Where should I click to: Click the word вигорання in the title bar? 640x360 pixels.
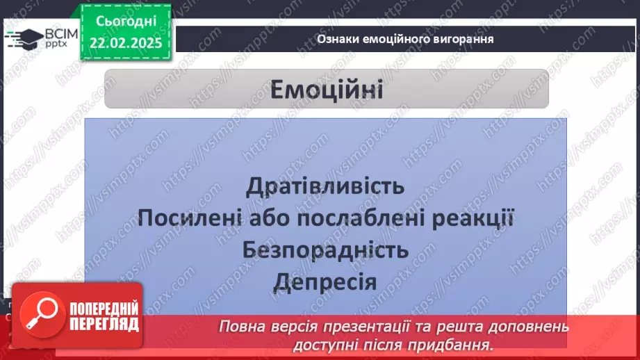(x=461, y=39)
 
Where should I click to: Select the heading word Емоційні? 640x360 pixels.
(x=326, y=90)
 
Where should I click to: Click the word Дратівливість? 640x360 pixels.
(x=325, y=186)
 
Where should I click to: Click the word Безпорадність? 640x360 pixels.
(x=325, y=249)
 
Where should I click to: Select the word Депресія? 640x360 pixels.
(x=325, y=281)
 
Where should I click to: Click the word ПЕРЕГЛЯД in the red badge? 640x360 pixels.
(x=101, y=324)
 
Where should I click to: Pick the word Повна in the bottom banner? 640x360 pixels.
(x=240, y=327)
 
